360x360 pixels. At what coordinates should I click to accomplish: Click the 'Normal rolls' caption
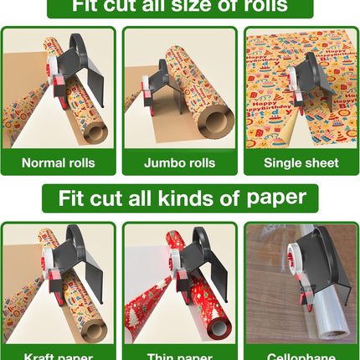[58, 162]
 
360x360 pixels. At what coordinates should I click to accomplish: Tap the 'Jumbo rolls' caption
[178, 162]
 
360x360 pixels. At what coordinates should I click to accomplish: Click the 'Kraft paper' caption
[58, 355]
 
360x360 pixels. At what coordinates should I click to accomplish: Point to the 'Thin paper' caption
[178, 355]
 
